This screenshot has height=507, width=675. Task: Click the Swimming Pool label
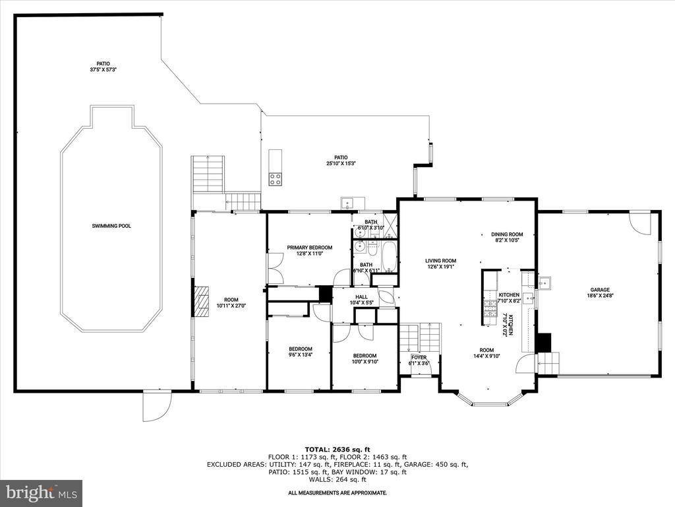111,226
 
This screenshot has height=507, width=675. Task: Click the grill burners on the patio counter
275,178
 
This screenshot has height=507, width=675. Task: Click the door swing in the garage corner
638,222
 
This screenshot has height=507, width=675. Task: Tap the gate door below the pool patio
157,405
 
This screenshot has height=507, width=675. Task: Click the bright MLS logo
41,492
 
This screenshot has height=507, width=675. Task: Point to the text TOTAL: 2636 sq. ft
337,449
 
